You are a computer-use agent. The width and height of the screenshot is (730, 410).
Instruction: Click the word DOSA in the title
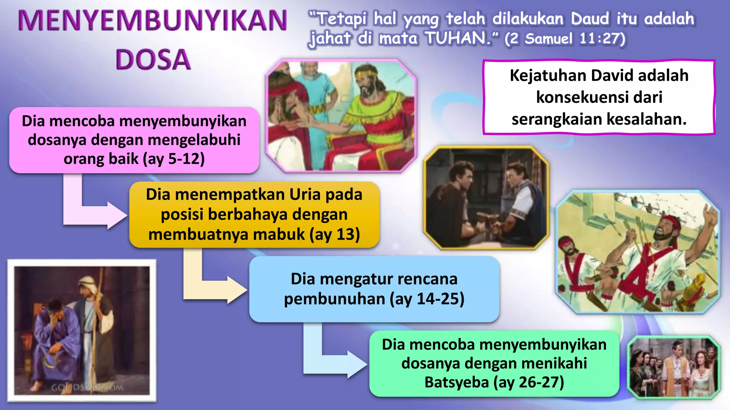(153, 59)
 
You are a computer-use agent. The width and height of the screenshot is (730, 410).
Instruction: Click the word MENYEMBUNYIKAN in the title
(153, 21)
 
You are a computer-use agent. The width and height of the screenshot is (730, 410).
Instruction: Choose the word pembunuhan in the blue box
(334, 299)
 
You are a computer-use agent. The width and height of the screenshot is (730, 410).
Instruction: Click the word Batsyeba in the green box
(456, 382)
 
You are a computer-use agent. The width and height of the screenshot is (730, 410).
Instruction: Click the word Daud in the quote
(590, 19)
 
